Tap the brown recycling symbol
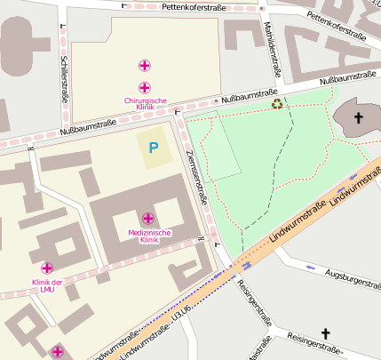[278, 104]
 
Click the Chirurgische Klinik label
[146, 105]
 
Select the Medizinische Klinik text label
[148, 236]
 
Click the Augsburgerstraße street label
[353, 279]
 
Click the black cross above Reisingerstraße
[325, 333]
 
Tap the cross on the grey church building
[359, 118]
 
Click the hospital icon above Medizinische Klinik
[147, 218]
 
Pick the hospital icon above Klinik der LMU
[46, 267]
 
